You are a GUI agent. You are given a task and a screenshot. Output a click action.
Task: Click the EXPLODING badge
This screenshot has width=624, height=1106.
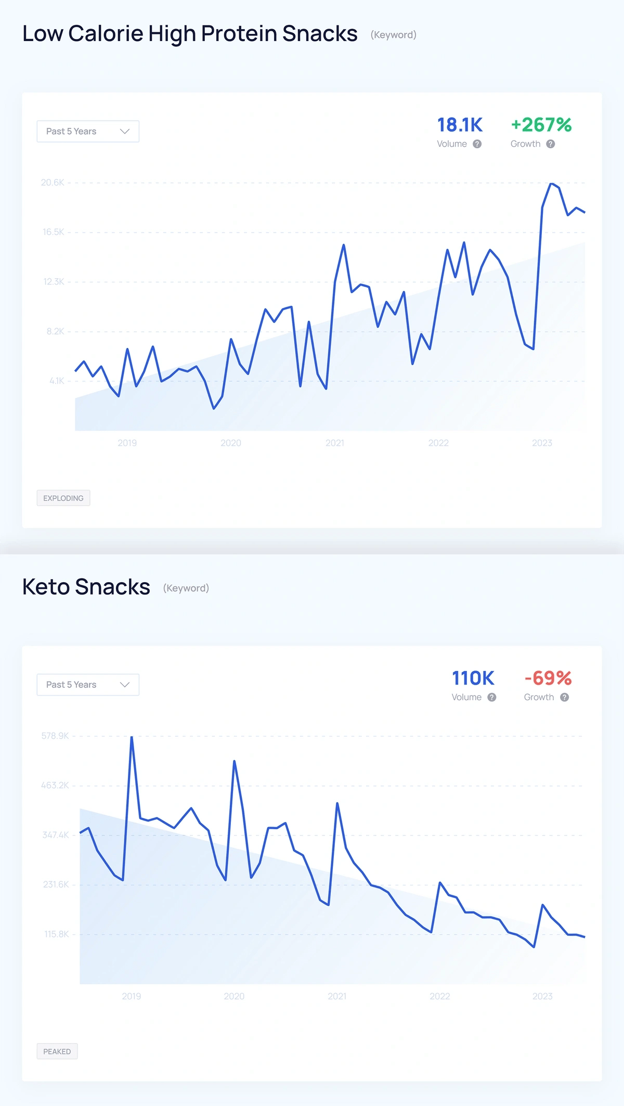[x=63, y=498]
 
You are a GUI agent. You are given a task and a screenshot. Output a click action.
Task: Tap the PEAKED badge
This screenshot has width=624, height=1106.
[x=57, y=1051]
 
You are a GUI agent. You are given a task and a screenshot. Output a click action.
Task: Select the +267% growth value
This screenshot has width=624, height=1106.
[x=541, y=125]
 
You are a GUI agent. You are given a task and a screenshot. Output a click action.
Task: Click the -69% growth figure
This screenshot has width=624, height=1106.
[x=548, y=678]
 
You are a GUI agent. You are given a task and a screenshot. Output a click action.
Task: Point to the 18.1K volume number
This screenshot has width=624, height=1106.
[x=460, y=125]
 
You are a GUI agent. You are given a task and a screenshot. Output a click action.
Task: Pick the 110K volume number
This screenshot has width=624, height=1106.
[x=473, y=678]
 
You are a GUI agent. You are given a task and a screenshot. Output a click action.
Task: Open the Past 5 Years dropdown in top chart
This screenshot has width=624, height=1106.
[x=88, y=131]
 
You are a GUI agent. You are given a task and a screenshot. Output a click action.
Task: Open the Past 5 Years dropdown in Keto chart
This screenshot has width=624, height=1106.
[x=88, y=685]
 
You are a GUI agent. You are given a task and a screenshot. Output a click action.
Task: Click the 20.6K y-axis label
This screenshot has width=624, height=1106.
[x=53, y=183]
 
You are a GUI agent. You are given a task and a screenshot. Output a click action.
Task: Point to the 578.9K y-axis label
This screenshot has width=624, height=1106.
[x=55, y=736]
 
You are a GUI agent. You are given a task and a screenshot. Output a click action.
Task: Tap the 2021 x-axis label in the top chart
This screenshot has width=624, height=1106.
[x=334, y=443]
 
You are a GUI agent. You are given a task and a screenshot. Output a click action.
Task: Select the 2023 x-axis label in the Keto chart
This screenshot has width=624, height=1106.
[x=542, y=996]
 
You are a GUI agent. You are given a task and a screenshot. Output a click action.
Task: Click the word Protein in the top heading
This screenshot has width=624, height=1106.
[x=239, y=34]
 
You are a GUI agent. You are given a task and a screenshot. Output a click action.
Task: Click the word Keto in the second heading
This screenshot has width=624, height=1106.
[x=46, y=587]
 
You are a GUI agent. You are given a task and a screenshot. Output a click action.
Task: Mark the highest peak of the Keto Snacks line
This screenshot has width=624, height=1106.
[x=132, y=737]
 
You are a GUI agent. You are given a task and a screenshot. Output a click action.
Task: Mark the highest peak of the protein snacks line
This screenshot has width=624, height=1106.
[x=552, y=184]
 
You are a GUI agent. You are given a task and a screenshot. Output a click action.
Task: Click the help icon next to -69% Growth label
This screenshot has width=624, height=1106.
[x=564, y=697]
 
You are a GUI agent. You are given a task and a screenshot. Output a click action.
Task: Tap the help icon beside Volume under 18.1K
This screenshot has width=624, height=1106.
[x=477, y=144]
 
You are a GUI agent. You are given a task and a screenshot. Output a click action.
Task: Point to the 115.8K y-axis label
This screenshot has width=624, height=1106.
[x=56, y=934]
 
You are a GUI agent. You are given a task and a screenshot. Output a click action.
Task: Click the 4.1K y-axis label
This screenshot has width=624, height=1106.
[x=57, y=381]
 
